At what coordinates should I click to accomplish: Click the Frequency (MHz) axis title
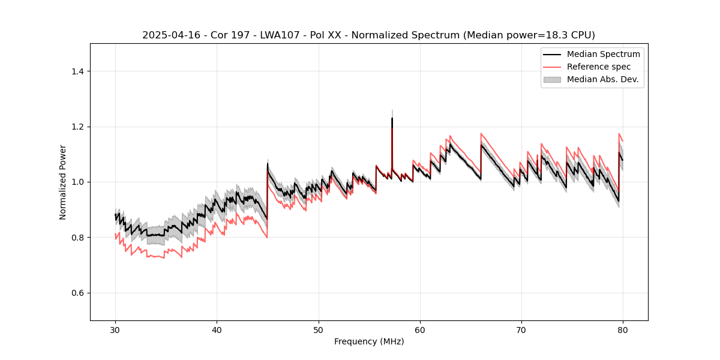point(369,341)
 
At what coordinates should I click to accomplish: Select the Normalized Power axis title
point(63,182)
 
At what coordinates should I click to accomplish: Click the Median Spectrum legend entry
point(603,54)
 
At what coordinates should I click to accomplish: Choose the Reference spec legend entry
point(598,67)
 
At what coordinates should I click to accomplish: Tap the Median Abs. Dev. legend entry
point(602,79)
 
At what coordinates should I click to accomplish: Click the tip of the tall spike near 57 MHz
point(392,118)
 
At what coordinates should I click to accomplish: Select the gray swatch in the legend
point(552,79)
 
